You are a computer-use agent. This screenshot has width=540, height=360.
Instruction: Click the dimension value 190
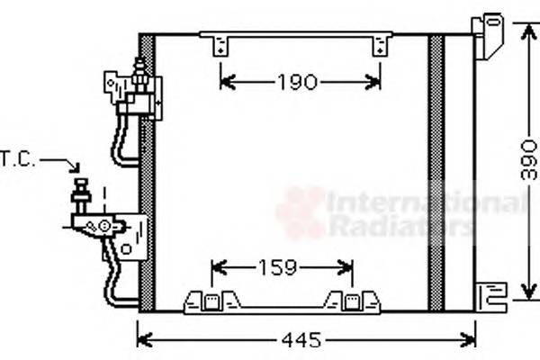point(297,83)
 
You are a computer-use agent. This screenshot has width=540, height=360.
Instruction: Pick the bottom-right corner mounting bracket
point(491,295)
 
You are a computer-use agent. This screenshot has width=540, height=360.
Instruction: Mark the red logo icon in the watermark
point(301,212)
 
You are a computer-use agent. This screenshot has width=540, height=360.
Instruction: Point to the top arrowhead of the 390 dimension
point(527,26)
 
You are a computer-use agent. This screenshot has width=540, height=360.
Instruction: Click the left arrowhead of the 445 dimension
point(142,340)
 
